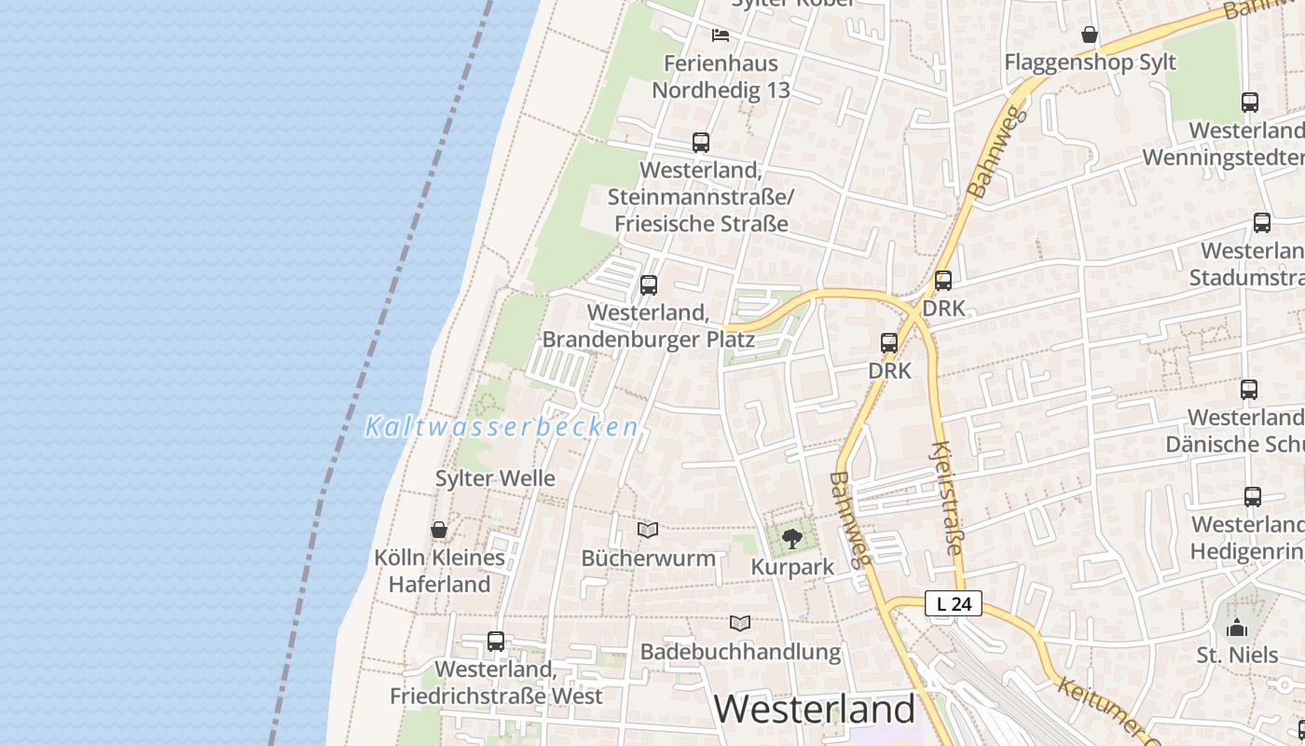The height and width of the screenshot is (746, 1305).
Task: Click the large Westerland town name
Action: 815,709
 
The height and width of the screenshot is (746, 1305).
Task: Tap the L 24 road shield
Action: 954,603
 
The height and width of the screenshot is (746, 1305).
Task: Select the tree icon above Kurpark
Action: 791,538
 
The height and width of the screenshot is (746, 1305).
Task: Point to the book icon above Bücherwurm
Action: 648,530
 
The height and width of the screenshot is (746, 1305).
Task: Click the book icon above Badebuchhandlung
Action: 740,623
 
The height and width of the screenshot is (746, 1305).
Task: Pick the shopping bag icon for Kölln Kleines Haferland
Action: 439,530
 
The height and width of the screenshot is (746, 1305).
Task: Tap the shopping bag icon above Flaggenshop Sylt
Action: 1090,35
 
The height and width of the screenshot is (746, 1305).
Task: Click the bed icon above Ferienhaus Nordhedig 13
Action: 721,35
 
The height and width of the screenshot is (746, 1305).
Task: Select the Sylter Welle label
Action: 495,478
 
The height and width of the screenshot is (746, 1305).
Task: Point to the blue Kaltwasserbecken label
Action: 501,427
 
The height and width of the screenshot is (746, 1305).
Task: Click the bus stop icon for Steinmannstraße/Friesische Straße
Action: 701,143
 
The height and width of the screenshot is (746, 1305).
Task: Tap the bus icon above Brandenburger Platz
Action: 649,285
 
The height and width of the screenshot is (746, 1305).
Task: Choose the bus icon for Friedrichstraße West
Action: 496,642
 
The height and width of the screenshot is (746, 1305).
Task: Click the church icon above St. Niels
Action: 1237,627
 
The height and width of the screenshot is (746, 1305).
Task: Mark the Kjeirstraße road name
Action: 946,498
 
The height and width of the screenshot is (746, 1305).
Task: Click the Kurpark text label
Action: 792,567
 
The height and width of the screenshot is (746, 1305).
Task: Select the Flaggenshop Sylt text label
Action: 1090,62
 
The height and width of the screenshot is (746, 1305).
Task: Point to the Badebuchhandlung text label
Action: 740,651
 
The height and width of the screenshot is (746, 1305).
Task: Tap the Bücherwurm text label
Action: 648,558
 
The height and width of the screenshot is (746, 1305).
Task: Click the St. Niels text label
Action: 1237,655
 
